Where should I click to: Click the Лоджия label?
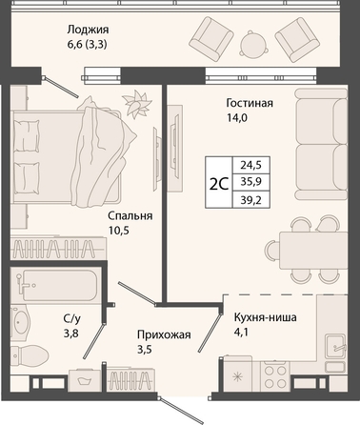coord(88,30)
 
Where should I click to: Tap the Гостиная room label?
coord(250,103)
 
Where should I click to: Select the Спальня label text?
coord(130,215)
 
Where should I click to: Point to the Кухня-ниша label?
coord(266,317)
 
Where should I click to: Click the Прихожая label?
coord(164,334)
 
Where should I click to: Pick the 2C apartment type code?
coord(219,183)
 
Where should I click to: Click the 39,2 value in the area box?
coord(250,200)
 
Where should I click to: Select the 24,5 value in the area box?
coord(250,165)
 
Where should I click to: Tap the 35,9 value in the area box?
coord(250,182)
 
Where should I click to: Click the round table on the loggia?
coord(253,45)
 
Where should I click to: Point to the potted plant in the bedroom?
coord(135,102)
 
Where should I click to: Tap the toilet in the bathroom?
coord(30,355)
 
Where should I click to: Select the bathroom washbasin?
coord(20,322)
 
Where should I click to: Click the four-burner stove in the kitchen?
coord(275,377)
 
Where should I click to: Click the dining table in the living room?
coord(313,250)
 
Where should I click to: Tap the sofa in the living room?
coord(321,144)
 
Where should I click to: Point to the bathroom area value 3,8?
coord(71,334)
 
